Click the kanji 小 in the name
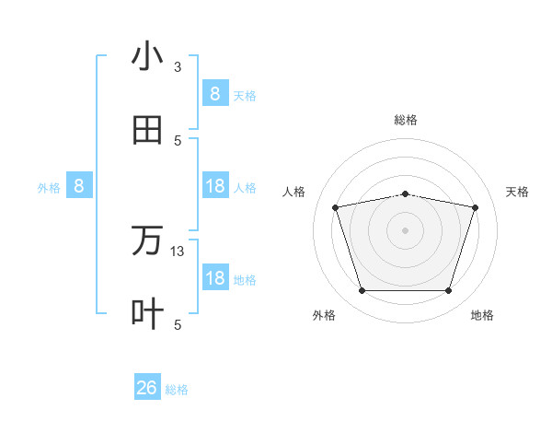(147, 57)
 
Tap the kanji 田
(147, 131)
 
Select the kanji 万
(147, 241)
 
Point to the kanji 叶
(147, 313)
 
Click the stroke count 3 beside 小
(178, 67)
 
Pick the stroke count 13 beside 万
(178, 252)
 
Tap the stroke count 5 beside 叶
(178, 324)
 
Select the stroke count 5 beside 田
(178, 140)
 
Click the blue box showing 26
(147, 388)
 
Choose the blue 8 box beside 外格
(79, 186)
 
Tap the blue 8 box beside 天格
(215, 94)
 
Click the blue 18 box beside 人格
(215, 186)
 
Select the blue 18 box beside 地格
(215, 278)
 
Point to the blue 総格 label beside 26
(177, 390)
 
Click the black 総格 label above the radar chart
(406, 120)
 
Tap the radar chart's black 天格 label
(517, 192)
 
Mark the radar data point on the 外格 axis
(362, 291)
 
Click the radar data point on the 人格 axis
(335, 207)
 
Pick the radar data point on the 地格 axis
(449, 291)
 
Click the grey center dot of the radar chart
(406, 230)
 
